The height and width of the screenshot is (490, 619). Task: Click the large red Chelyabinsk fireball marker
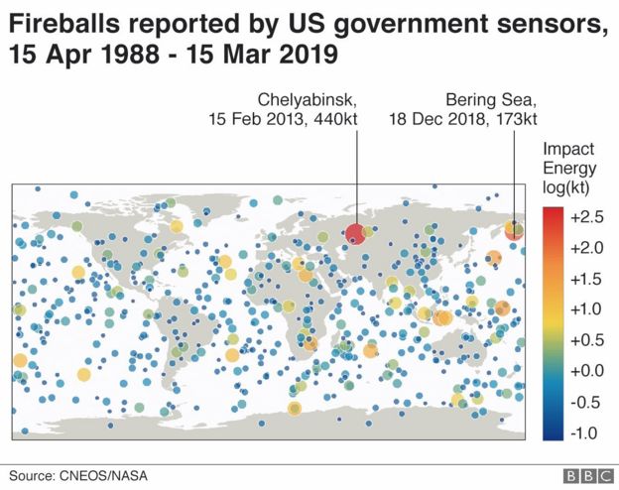[x=355, y=234]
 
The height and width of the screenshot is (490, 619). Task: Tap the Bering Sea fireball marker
[x=515, y=231]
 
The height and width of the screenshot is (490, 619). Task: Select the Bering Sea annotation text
[x=491, y=100]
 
